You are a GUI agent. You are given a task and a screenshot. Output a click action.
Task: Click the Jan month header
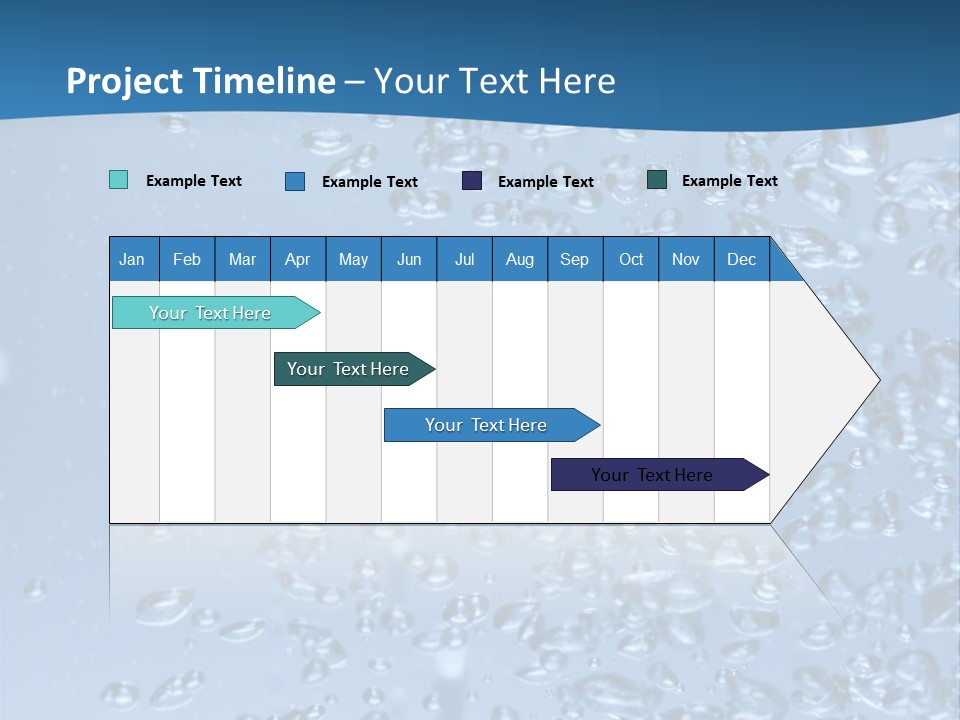point(132,259)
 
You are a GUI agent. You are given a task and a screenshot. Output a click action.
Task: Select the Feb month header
point(187,259)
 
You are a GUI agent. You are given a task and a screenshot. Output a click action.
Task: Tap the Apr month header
point(298,259)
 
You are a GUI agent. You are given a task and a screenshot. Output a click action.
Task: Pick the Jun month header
point(409,259)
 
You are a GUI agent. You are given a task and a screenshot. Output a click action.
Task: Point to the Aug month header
point(520,259)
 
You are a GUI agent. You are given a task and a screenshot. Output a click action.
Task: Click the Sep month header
point(575,259)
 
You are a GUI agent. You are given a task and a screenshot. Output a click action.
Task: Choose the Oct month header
point(631,259)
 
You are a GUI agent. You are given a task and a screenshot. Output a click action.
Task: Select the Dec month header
point(742,259)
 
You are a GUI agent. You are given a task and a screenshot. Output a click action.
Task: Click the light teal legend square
point(118,180)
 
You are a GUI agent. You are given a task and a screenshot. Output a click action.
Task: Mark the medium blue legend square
point(295,181)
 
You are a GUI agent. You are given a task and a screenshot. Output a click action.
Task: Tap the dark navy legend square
point(472,180)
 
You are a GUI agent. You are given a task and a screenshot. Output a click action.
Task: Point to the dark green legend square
point(657,180)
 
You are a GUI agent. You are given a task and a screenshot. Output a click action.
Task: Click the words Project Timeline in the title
point(201,81)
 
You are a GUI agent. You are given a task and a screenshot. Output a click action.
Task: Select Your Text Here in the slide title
point(495,81)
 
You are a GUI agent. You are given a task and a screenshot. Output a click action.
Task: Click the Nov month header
point(686,259)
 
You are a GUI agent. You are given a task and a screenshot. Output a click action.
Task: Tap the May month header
point(353,259)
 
